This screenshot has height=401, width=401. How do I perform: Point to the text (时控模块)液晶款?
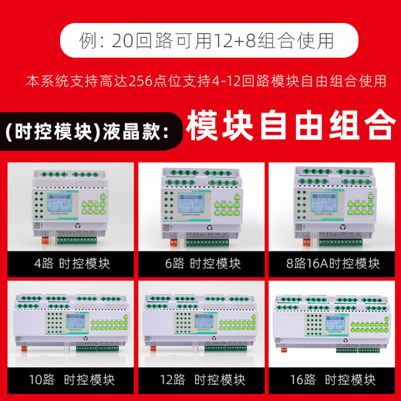(x=86, y=128)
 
